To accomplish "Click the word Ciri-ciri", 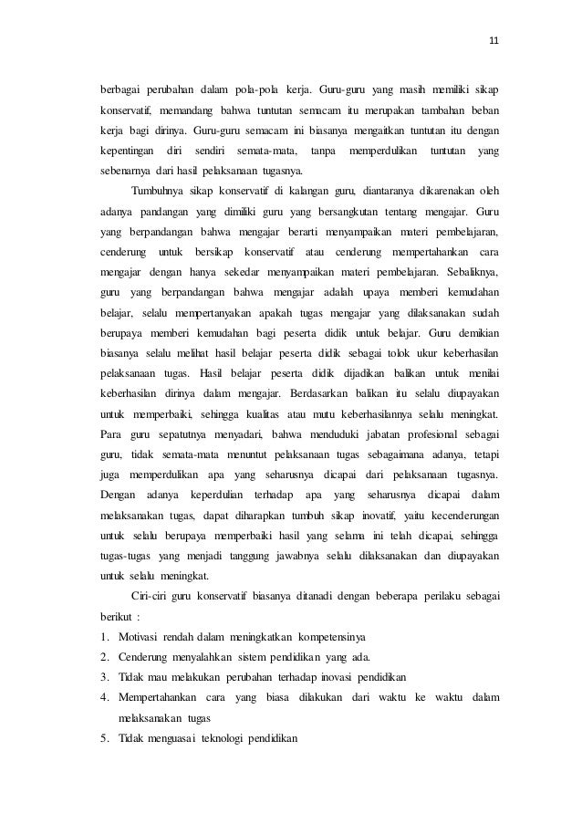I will click(x=154, y=595).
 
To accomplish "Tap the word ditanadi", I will click(x=324, y=595).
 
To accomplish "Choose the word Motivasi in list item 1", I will click(x=137, y=635).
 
